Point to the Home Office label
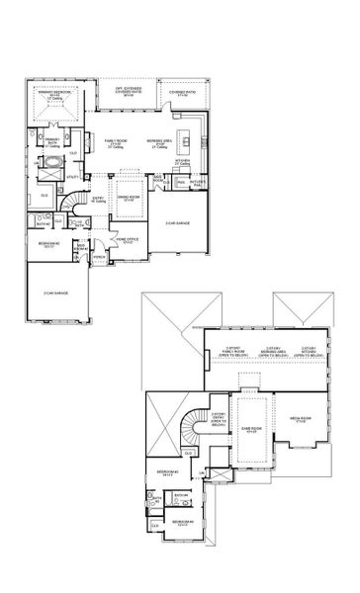(127, 240)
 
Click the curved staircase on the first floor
(75, 205)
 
